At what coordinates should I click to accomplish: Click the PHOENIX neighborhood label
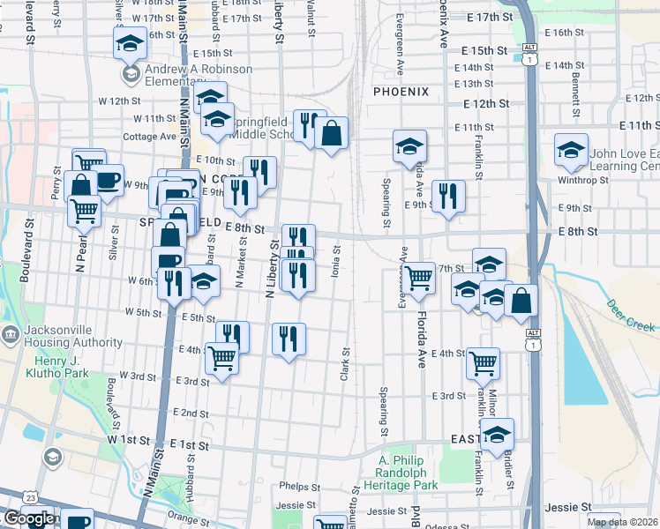coord(400,92)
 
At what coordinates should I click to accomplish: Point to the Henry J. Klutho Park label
coord(63,368)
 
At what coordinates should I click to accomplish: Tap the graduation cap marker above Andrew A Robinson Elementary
coord(130,43)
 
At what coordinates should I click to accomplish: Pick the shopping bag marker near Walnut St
coord(331,134)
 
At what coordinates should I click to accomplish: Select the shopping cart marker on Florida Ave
coord(419,278)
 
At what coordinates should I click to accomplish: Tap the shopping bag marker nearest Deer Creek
coord(521,300)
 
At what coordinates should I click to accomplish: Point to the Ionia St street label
coord(335,261)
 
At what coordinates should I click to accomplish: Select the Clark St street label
coord(345,364)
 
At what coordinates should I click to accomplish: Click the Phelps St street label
coord(299,486)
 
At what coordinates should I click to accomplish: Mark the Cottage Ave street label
coord(150,137)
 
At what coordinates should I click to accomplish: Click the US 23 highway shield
coord(30,498)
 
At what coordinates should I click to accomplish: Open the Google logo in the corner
coord(29,518)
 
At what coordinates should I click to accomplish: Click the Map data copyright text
coord(623,522)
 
